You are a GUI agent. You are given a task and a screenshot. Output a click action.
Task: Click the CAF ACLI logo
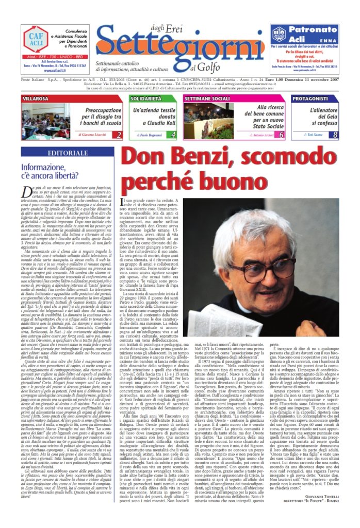(x=35, y=39)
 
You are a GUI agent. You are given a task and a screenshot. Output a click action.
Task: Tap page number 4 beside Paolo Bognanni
(x=173, y=135)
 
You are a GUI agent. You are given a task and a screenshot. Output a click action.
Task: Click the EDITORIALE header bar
(x=67, y=153)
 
